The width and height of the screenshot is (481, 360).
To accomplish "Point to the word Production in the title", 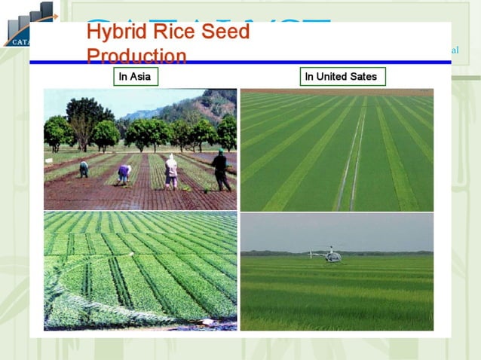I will point(136,56).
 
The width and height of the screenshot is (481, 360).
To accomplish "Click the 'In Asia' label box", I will point(136,76).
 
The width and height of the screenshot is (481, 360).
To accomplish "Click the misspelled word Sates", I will point(363,76).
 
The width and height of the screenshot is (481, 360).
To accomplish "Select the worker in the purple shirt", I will point(124,173).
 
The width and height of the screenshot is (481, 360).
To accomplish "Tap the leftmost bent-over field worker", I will point(84,169).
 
